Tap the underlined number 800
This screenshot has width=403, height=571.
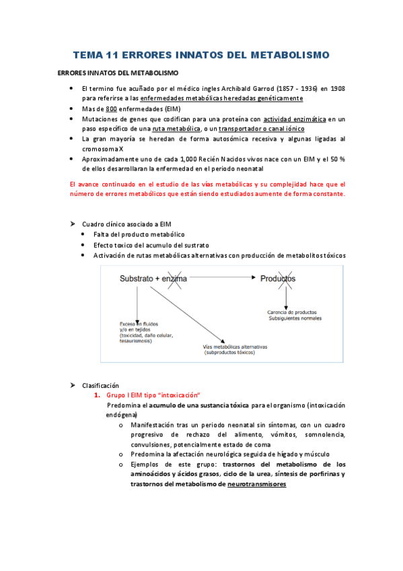(112, 108)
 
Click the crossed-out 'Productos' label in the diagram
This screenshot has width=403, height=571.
(278, 277)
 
